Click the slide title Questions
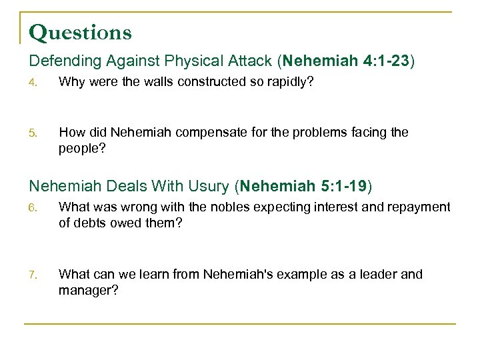click(81, 32)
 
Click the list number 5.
click(33, 133)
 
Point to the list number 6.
click(33, 208)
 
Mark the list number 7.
click(33, 275)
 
